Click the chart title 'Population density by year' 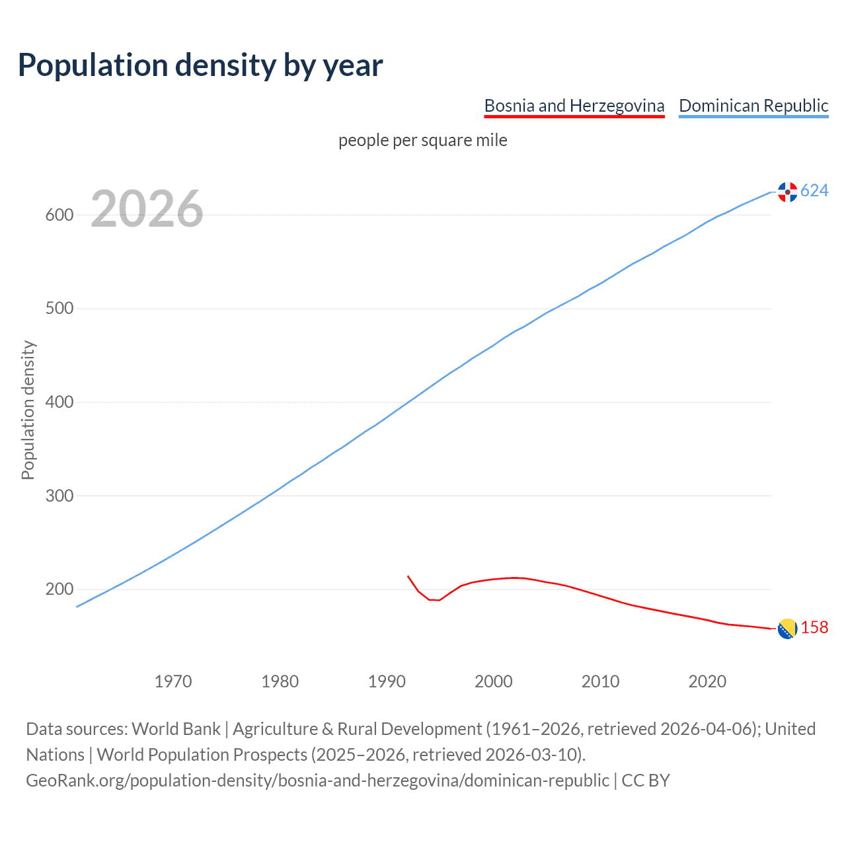coord(200,65)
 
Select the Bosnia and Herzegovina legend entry coord(574,106)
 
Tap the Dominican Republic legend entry coord(753,106)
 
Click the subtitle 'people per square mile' coord(423,140)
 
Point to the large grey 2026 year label coord(147,209)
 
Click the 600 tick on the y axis coord(59,215)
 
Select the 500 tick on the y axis coord(59,309)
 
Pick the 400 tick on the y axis coord(59,402)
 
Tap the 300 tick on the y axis coord(59,496)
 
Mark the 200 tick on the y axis coord(59,589)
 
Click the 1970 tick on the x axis coord(173,681)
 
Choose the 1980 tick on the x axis coord(280,681)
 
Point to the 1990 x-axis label coord(387,681)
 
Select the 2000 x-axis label coord(494,681)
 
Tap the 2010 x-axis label coord(601,681)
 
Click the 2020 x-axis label coord(707,681)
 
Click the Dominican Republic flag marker coord(787,192)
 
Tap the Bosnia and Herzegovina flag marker coord(787,629)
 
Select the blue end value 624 coord(814,191)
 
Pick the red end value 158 coord(814,628)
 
